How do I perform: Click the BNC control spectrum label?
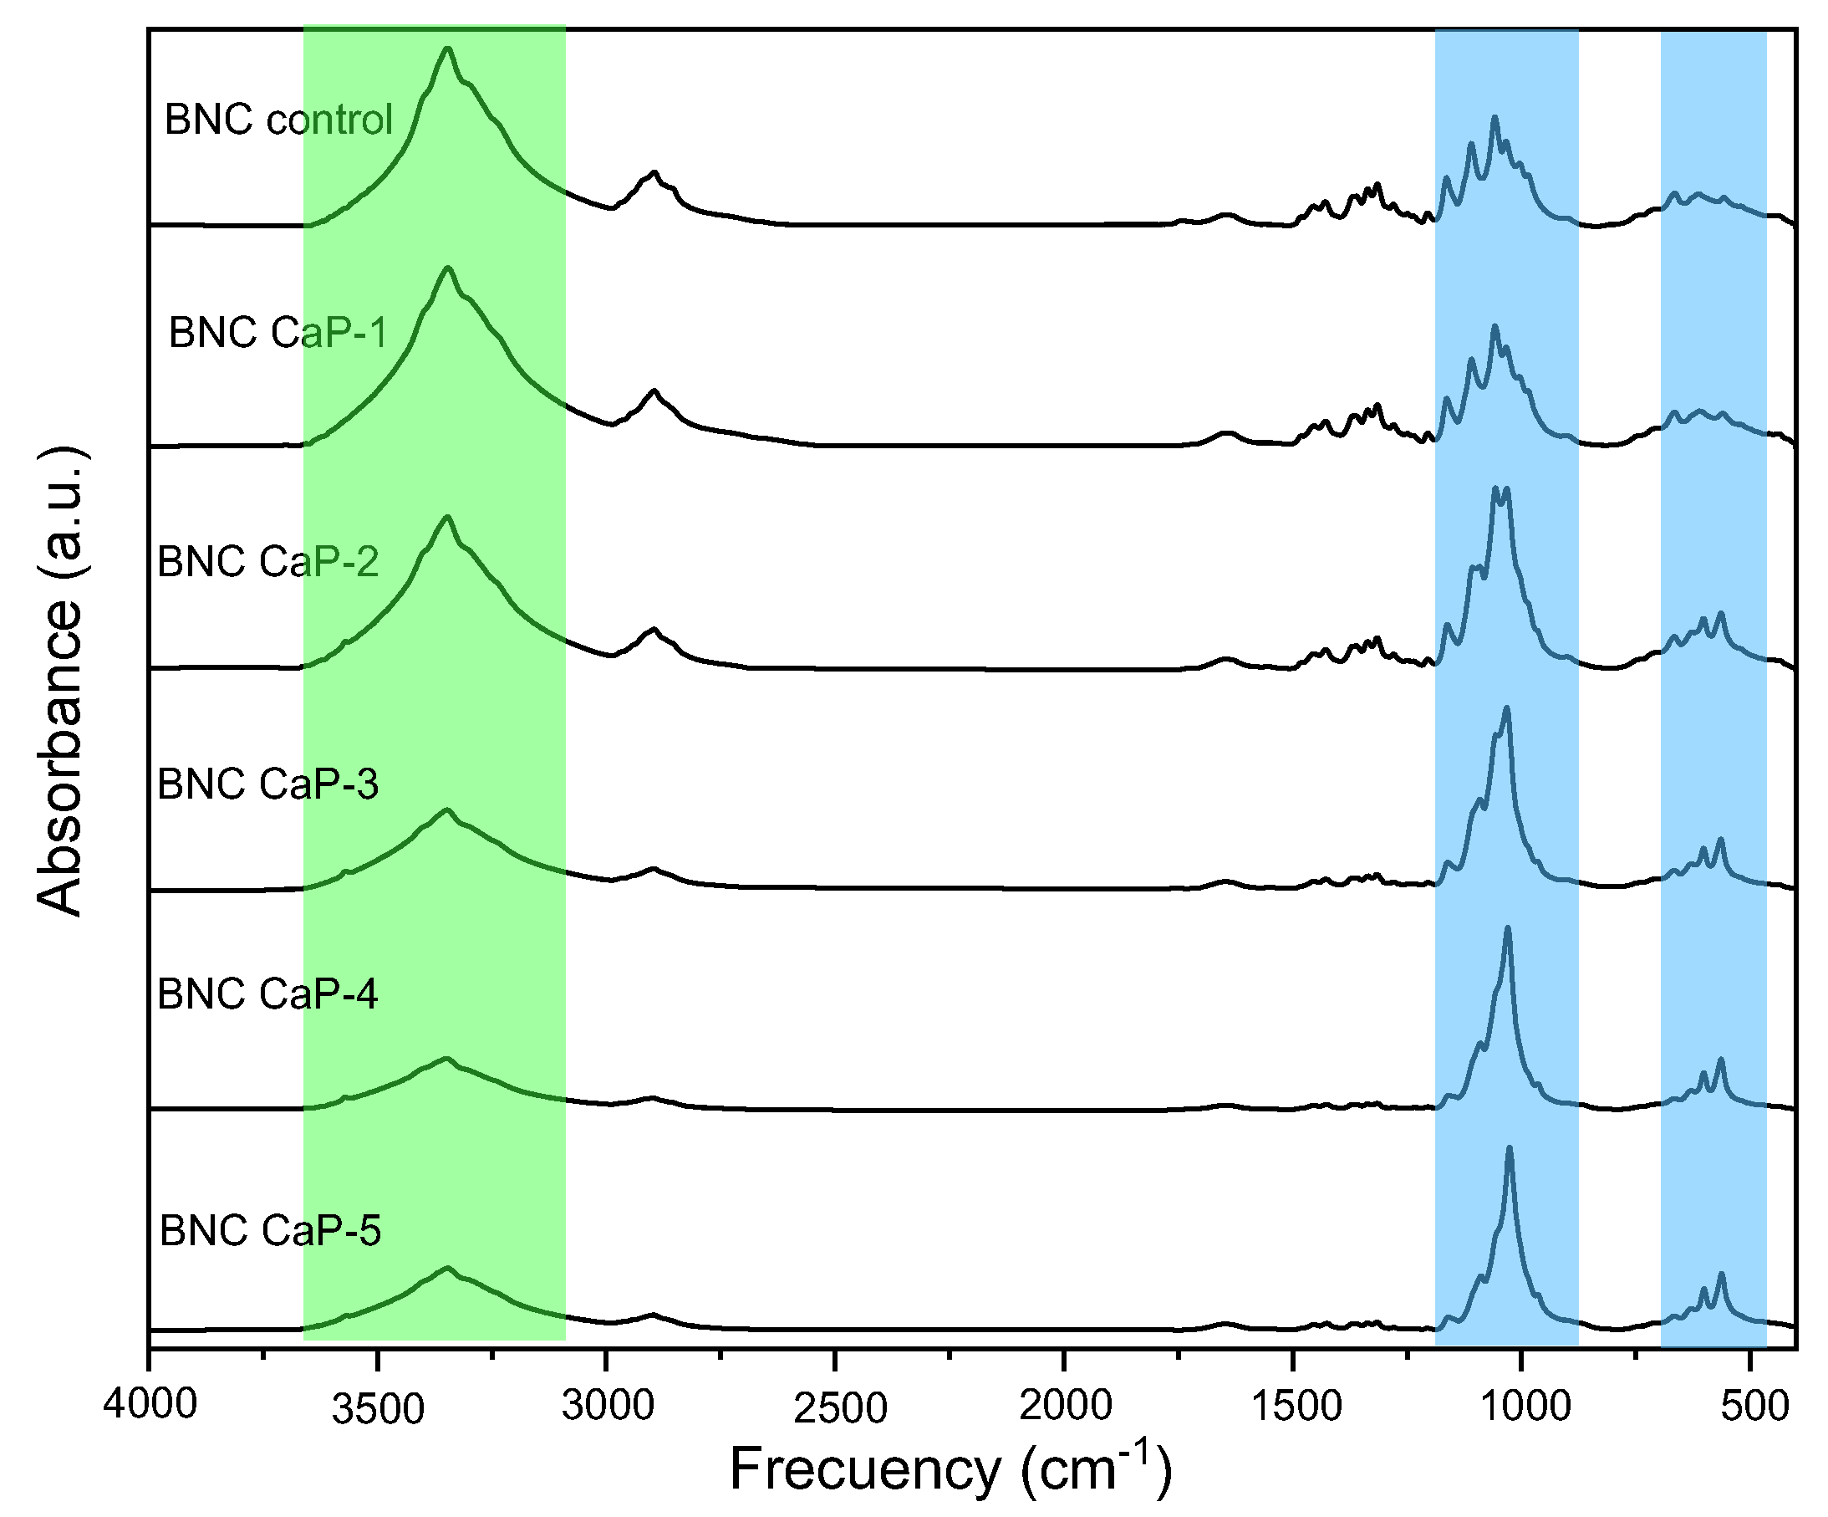(x=278, y=120)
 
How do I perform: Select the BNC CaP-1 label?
(x=278, y=334)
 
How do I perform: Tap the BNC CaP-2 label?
(x=267, y=562)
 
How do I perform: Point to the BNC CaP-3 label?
(x=267, y=784)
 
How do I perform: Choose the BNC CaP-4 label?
(x=267, y=994)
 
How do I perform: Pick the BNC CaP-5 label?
(x=270, y=1231)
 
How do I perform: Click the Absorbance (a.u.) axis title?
(x=61, y=681)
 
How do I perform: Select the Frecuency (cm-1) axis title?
(x=950, y=1468)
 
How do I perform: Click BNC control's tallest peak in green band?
(x=447, y=49)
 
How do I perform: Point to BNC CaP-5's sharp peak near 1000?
(x=1509, y=1150)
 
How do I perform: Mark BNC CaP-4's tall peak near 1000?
(x=1508, y=929)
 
